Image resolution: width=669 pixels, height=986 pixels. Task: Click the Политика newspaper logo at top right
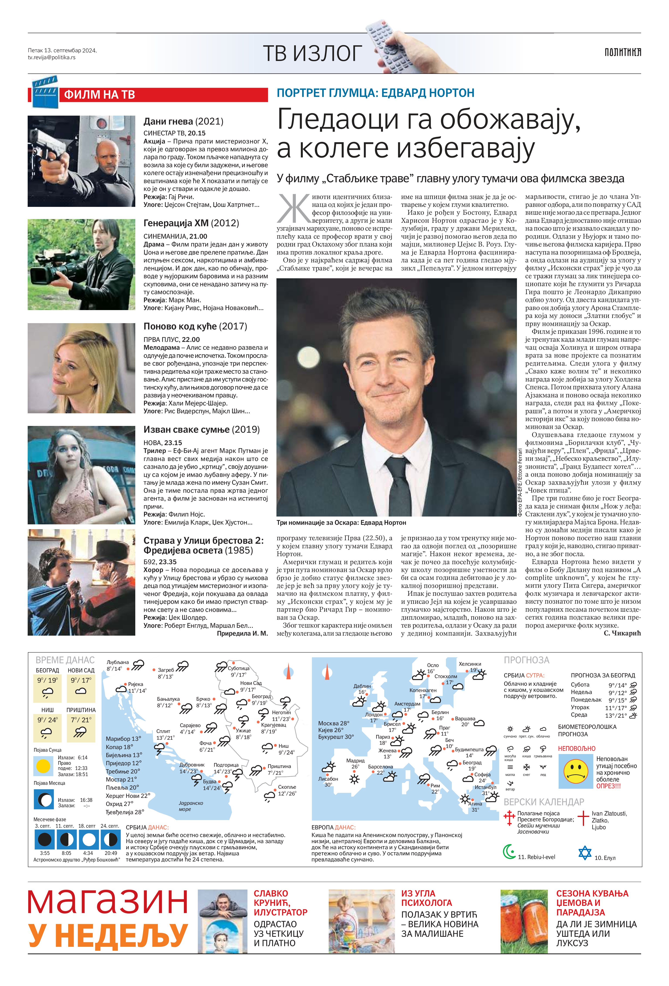click(623, 52)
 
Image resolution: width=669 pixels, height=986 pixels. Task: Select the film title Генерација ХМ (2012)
click(191, 223)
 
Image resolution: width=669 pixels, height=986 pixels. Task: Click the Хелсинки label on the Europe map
click(470, 664)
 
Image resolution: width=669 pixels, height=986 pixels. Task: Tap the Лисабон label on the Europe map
click(328, 779)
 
